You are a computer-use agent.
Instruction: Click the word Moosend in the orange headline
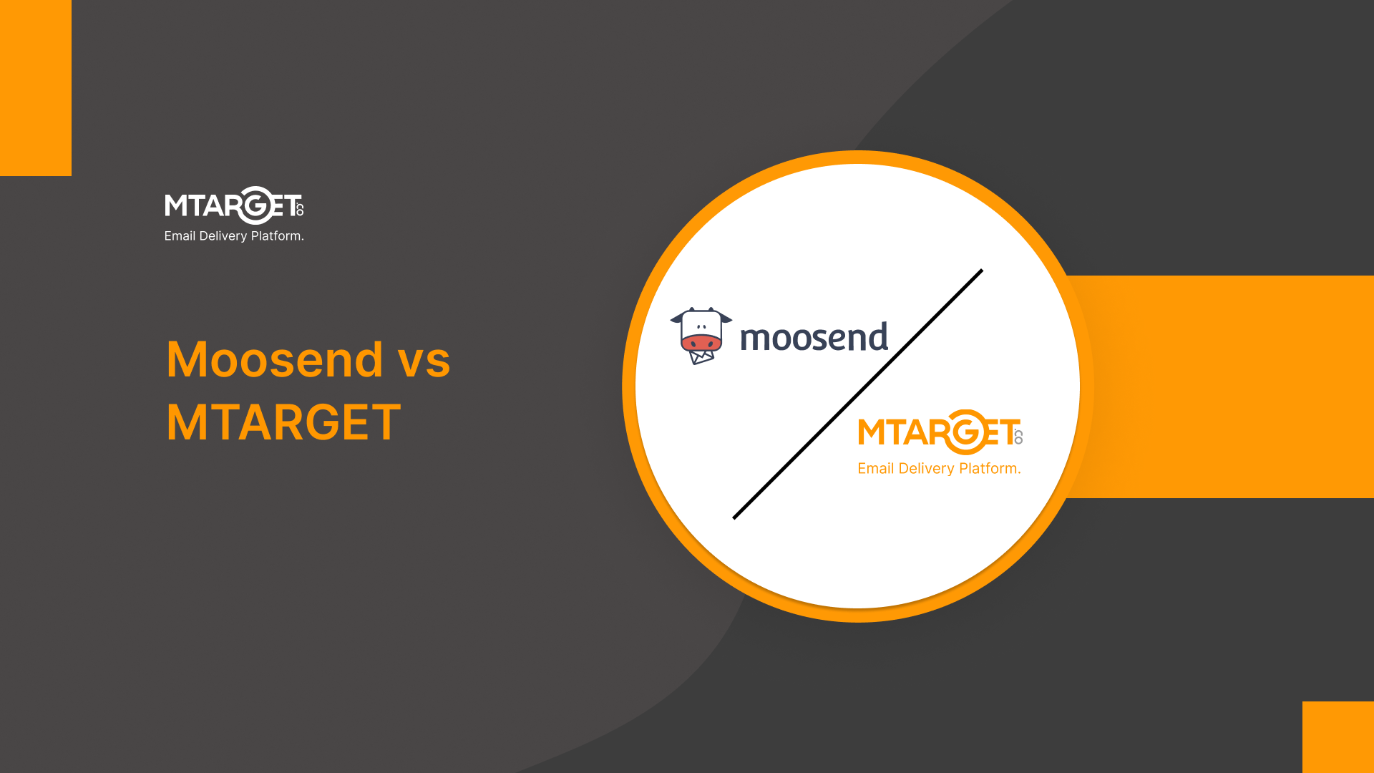(x=275, y=359)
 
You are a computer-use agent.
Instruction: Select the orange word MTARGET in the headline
(x=283, y=422)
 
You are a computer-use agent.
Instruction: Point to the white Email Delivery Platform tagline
(x=234, y=236)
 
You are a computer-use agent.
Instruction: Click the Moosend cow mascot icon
(x=701, y=335)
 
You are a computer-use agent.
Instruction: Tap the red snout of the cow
(x=701, y=343)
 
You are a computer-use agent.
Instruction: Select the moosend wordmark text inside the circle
(x=814, y=337)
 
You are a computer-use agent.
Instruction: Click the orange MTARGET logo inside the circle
(x=940, y=432)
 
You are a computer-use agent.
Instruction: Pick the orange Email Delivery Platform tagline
(x=939, y=469)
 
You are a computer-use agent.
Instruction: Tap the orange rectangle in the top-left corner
(x=36, y=87)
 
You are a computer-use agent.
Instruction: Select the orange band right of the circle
(x=1231, y=386)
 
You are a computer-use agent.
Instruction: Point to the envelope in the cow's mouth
(x=701, y=356)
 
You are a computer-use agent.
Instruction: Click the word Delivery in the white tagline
(x=223, y=236)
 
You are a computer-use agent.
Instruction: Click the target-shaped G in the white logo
(x=255, y=205)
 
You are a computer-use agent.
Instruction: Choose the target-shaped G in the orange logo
(x=966, y=432)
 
